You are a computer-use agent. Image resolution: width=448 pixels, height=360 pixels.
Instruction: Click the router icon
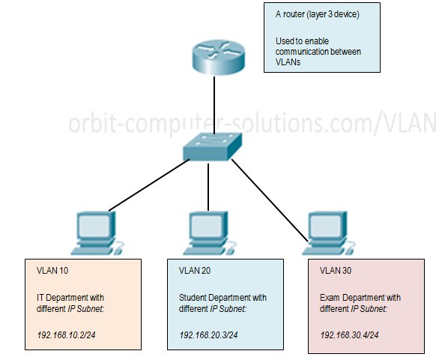(x=218, y=58)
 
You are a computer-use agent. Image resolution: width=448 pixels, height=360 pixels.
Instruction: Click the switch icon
(x=213, y=146)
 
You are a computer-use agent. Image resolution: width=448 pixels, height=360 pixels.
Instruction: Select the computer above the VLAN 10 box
(x=97, y=233)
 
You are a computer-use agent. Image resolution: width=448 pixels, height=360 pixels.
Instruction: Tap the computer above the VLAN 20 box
(x=210, y=233)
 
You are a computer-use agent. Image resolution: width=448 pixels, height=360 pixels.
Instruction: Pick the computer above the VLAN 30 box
(x=329, y=233)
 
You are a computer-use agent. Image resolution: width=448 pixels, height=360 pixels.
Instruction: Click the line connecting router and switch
(x=214, y=104)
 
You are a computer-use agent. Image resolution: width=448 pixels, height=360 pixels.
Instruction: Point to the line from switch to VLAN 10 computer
(x=149, y=185)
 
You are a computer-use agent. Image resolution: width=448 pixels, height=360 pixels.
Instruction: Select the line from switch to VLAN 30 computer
(x=270, y=200)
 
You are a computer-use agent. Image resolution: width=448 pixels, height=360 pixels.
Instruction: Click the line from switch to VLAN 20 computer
(x=208, y=187)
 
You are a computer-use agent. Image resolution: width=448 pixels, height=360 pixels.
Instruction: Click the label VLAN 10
(x=52, y=271)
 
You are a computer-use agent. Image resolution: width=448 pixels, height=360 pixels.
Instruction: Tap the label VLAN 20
(x=195, y=271)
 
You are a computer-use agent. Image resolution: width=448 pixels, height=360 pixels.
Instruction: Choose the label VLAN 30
(x=336, y=271)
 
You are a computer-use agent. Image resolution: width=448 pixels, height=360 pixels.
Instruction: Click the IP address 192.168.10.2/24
(x=66, y=334)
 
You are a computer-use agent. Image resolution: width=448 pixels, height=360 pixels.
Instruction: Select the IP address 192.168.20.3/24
(x=208, y=334)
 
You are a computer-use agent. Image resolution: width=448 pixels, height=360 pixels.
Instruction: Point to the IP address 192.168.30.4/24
(x=349, y=334)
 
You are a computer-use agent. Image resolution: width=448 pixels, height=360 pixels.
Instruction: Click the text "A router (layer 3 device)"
(x=318, y=14)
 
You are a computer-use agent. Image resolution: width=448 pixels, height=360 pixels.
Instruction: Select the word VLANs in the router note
(x=288, y=62)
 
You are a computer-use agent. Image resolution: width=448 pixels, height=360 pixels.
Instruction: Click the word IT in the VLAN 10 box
(x=40, y=298)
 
